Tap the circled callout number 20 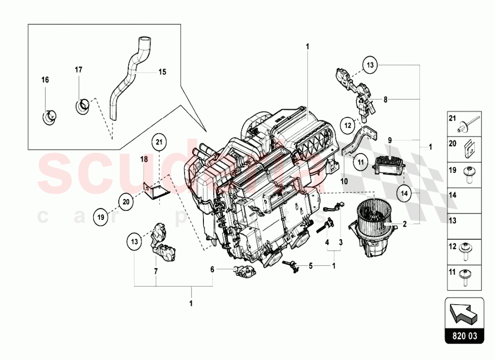[126, 202]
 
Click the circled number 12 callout [347, 124]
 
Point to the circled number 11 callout [360, 159]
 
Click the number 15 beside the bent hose [162, 72]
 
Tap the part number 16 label [45, 80]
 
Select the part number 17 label [78, 69]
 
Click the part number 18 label [144, 160]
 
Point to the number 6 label [212, 269]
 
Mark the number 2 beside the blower [404, 224]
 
